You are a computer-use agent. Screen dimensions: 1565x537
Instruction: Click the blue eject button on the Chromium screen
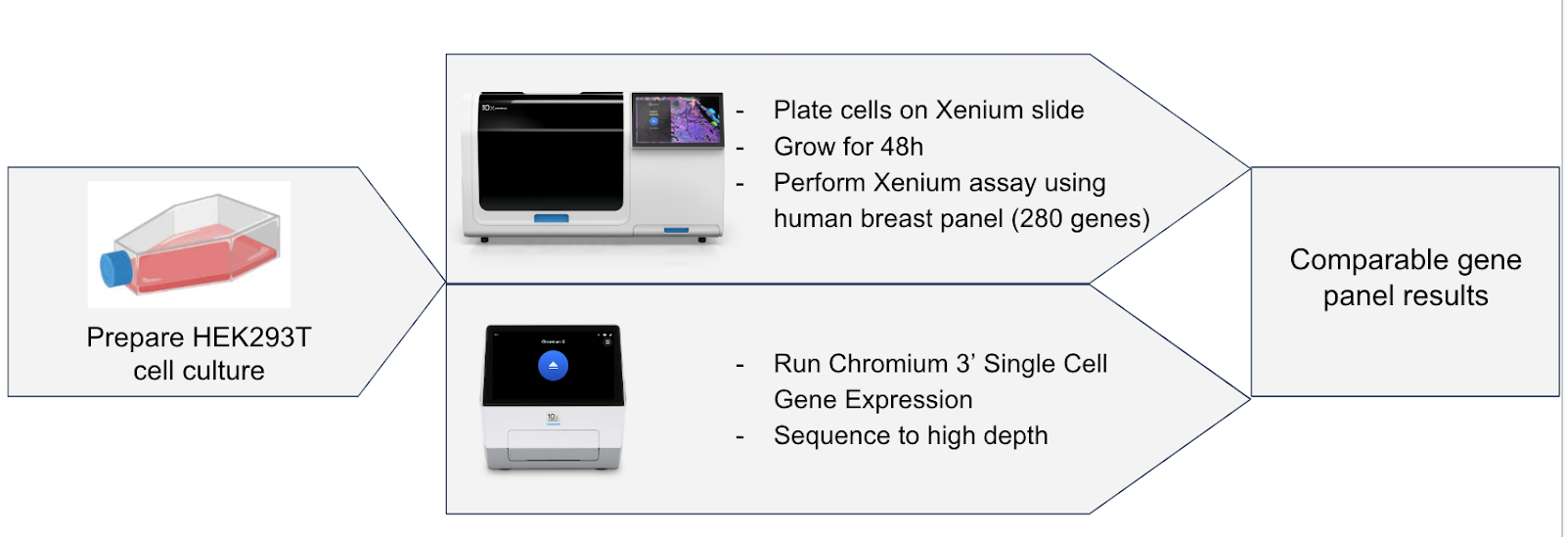click(x=553, y=365)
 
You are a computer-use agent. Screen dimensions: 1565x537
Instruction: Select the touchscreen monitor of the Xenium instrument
click(x=678, y=119)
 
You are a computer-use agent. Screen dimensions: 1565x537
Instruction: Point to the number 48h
click(x=902, y=147)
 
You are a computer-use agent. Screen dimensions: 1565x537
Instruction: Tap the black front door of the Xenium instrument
click(x=551, y=152)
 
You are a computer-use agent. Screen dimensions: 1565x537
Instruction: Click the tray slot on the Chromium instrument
click(x=553, y=445)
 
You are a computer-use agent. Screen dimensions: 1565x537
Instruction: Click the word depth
click(x=1016, y=435)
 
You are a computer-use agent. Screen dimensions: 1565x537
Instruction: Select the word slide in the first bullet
click(x=1057, y=111)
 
